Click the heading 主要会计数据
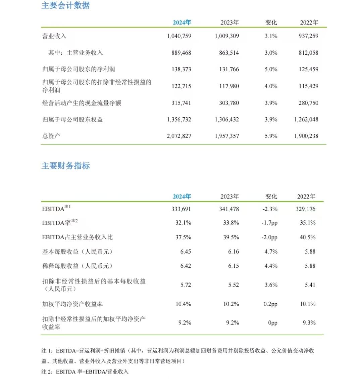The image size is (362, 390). (x=65, y=5)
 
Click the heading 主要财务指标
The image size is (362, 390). (x=65, y=166)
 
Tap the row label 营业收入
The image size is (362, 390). (x=54, y=36)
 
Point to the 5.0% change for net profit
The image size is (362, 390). (x=271, y=70)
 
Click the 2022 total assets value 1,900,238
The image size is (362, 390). (x=306, y=136)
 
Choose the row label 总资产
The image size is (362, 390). (x=51, y=136)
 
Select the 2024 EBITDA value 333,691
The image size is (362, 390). (x=181, y=209)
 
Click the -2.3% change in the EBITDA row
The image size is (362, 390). (x=270, y=209)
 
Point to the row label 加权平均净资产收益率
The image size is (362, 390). (x=72, y=304)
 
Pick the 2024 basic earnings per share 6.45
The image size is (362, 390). (x=186, y=252)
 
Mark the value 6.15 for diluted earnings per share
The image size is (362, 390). (x=234, y=266)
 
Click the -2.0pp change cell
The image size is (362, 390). (x=270, y=237)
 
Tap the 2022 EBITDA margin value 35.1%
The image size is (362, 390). (x=308, y=223)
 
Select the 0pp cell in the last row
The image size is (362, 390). (x=272, y=323)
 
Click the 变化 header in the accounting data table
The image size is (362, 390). (x=271, y=23)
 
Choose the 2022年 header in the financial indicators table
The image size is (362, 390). (x=306, y=197)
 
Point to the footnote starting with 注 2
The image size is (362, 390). (x=85, y=372)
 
